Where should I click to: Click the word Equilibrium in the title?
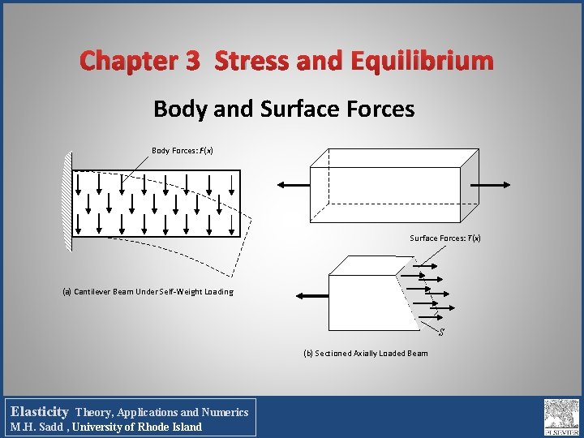coord(422,61)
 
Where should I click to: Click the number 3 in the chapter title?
coord(192,61)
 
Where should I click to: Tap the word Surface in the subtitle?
coord(305,109)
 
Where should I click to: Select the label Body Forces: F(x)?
coord(182,151)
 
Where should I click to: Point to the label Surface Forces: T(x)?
coord(445,238)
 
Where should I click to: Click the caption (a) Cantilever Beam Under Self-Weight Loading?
coord(148,292)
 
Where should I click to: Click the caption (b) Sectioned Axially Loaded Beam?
coord(366,353)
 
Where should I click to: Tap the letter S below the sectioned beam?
coord(441,331)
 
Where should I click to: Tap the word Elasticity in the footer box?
coord(40,412)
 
